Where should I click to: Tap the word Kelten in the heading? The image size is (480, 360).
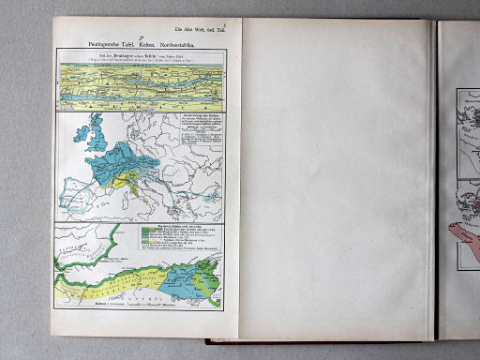147,44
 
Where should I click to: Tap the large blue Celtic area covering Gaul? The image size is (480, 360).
114,165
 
